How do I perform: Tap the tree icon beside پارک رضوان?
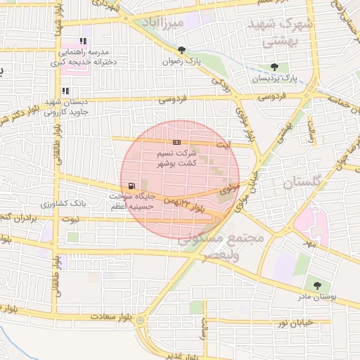182,50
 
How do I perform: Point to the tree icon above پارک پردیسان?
274,67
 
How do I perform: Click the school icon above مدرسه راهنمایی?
84,41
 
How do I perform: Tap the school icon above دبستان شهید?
65,91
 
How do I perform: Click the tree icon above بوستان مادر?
318,285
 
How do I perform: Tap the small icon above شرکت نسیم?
176,142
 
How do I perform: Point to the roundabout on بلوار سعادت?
141,321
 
